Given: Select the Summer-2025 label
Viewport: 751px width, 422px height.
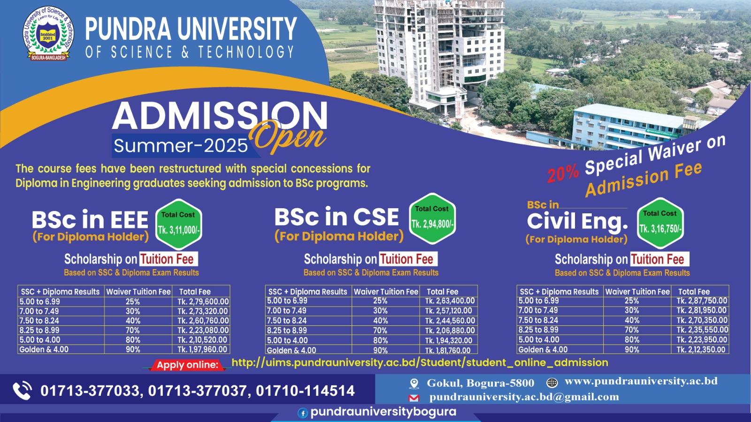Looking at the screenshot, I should (181, 146).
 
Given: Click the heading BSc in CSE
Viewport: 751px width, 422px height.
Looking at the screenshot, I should (337, 217).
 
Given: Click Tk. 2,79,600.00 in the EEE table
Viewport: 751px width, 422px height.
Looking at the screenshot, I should (203, 301).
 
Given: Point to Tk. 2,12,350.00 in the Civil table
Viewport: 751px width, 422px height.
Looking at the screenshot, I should (702, 349).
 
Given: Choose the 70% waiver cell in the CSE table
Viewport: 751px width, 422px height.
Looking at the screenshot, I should (380, 331).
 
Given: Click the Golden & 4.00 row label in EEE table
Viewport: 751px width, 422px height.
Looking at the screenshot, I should (44, 349).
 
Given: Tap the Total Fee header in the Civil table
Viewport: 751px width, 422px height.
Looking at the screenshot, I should (694, 291).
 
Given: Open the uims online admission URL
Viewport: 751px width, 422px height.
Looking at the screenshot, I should (420, 362).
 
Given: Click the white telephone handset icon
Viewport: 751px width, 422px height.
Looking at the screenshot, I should (23, 391).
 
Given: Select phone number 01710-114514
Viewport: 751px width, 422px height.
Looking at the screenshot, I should (305, 391).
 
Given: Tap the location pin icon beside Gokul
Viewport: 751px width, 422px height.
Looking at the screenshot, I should (414, 384).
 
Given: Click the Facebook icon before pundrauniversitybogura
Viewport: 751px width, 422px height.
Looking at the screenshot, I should (303, 413).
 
